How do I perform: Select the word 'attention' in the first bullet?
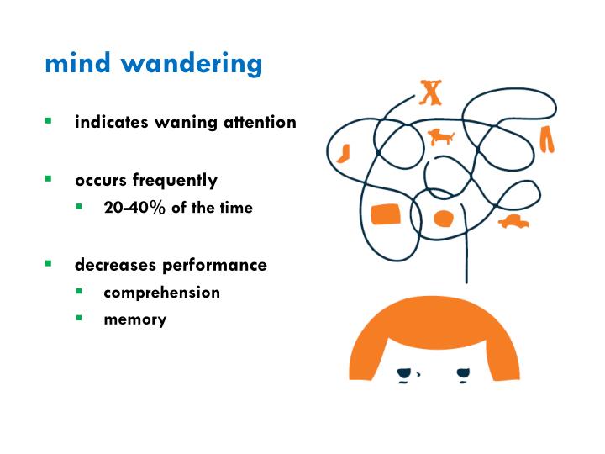tap(260, 122)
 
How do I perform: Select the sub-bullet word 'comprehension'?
tap(161, 293)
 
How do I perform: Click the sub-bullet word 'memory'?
tap(134, 319)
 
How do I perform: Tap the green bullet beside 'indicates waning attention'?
tap(49, 121)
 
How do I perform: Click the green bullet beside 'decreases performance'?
tap(49, 264)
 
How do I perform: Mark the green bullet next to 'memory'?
tap(78, 319)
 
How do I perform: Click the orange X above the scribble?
tap(431, 92)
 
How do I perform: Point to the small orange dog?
tap(440, 136)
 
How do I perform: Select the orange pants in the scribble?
tap(548, 139)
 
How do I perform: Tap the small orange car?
tap(513, 222)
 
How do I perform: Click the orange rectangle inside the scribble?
tap(385, 215)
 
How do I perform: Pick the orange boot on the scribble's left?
tap(343, 153)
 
